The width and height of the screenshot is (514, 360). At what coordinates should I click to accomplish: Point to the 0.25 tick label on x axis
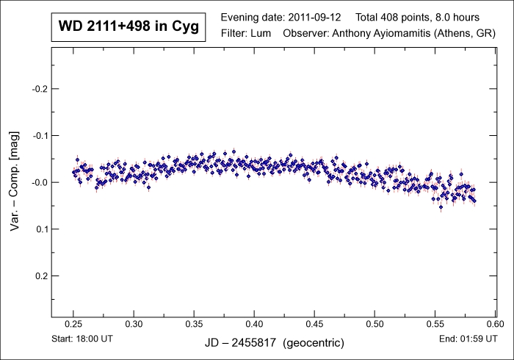click(x=73, y=323)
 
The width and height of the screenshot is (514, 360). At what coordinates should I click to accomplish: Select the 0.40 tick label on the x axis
click(x=254, y=323)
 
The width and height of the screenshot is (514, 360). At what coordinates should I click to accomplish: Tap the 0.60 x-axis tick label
click(x=495, y=323)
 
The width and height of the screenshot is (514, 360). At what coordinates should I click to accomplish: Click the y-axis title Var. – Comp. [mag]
click(x=15, y=182)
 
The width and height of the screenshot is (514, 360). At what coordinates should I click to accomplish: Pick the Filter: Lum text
click(x=246, y=34)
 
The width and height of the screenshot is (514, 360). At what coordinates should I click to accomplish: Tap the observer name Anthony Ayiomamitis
click(x=382, y=34)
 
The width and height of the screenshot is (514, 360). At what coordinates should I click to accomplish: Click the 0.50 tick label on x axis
click(x=374, y=323)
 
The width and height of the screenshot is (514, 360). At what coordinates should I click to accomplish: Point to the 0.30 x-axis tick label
click(x=134, y=323)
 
